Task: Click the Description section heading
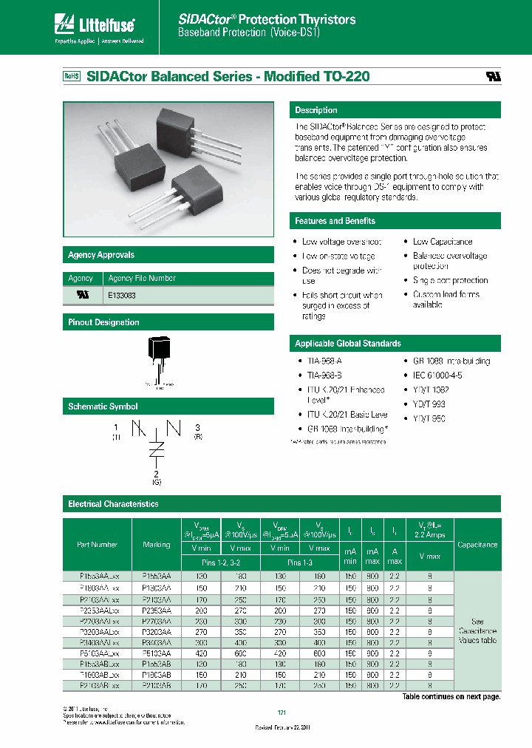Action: [x=316, y=110]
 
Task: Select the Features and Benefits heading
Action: [x=335, y=221]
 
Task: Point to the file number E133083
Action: [x=122, y=295]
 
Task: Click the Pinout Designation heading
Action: [x=103, y=322]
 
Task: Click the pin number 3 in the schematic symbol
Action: [x=197, y=428]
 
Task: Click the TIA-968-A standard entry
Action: [x=324, y=361]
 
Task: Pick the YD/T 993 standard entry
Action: [x=429, y=404]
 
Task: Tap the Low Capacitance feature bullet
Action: [x=442, y=242]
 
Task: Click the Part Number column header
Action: [x=97, y=545]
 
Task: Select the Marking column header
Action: [x=156, y=545]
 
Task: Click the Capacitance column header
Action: [x=477, y=545]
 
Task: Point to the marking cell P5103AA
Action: [x=156, y=653]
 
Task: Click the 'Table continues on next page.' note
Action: [x=451, y=697]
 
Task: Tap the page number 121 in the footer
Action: [x=281, y=712]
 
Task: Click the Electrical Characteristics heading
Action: [x=113, y=504]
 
